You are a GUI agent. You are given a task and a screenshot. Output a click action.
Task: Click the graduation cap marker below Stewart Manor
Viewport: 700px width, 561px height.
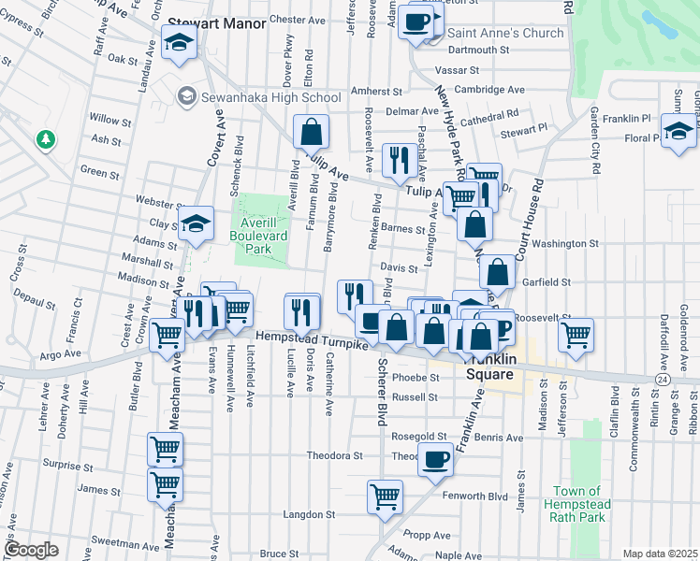click(x=178, y=42)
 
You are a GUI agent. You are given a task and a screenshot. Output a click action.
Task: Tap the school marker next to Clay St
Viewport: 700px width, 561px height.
click(x=196, y=223)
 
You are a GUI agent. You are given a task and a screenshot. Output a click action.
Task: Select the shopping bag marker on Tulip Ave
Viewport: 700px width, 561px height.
click(x=312, y=132)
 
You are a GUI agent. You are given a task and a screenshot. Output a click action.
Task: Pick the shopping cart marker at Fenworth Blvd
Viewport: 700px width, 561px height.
click(x=385, y=496)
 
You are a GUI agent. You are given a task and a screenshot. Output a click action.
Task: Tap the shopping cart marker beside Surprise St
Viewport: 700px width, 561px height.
click(x=166, y=450)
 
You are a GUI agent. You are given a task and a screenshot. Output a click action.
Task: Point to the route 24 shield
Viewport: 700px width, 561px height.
click(x=662, y=381)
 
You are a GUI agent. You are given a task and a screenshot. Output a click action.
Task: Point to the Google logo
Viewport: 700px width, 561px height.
click(x=31, y=550)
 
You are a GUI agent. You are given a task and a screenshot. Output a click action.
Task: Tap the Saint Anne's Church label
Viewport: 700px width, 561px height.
click(x=505, y=33)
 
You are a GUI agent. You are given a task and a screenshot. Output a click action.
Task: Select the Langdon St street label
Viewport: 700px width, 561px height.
click(x=310, y=514)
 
